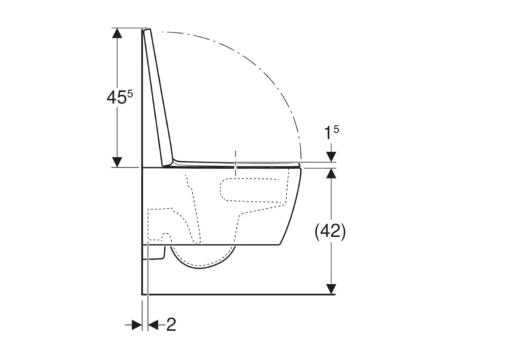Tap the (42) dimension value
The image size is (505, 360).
pyautogui.click(x=330, y=231)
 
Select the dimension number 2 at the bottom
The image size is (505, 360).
pyautogui.click(x=172, y=324)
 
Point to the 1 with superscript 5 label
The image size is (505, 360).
pyautogui.click(x=331, y=133)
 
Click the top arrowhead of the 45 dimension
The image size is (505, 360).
pyautogui.click(x=117, y=33)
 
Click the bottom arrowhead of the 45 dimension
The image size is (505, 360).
pyautogui.click(x=117, y=162)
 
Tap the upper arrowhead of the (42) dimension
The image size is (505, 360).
pyautogui.click(x=331, y=173)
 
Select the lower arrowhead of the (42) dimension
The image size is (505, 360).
pyautogui.click(x=331, y=289)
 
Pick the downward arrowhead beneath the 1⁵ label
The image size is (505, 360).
pyautogui.click(x=331, y=157)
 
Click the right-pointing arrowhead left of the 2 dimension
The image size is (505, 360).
pyautogui.click(x=137, y=325)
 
